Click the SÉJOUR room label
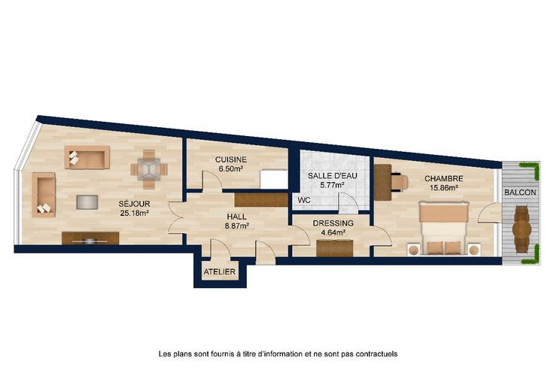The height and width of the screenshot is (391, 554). tap(134, 204)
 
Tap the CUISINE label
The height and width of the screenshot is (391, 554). tap(231, 160)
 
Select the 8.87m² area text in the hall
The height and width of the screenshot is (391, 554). tap(237, 226)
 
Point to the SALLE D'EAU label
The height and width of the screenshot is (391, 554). tap(333, 175)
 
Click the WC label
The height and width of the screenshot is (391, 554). tap(304, 201)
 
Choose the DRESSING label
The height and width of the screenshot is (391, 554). tap(333, 223)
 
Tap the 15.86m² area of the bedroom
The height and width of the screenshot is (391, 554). tap(444, 188)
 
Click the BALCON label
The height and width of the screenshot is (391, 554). tap(520, 192)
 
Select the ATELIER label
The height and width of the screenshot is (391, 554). tap(219, 271)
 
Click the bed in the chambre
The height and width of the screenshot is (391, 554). tap(443, 228)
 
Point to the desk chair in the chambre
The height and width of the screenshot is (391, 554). tap(400, 182)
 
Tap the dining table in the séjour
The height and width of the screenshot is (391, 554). tap(149, 170)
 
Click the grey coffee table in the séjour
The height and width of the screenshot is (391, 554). tap(87, 202)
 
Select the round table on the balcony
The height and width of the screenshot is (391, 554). tap(522, 229)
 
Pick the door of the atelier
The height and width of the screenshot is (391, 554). tap(220, 250)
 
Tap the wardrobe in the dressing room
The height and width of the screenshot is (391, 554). tap(335, 248)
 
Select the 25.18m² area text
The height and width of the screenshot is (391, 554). tap(134, 213)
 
